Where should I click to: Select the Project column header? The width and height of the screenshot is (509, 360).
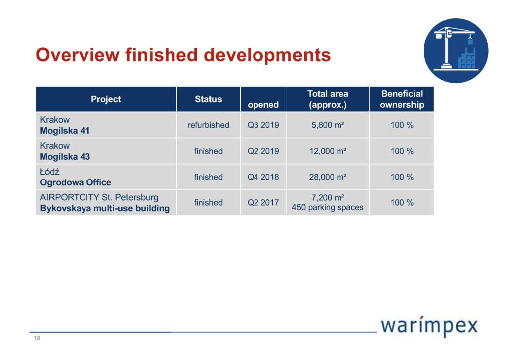click(x=106, y=99)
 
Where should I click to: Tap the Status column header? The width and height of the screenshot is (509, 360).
click(x=208, y=99)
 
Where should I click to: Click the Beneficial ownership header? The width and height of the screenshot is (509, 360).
click(x=402, y=99)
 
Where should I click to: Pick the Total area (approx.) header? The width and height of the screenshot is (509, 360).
click(x=328, y=99)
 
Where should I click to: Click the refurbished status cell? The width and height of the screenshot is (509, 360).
click(x=208, y=125)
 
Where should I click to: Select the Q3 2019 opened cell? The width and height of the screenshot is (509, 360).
click(x=263, y=125)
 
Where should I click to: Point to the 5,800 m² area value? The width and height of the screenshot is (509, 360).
click(x=328, y=125)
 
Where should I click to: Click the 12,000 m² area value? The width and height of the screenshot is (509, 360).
click(x=328, y=151)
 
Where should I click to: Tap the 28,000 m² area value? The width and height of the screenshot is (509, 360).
click(x=328, y=177)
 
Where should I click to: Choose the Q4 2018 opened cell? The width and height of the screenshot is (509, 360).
click(x=263, y=177)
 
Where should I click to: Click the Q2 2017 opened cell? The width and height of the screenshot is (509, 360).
click(x=263, y=203)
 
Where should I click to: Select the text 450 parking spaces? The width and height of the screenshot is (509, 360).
click(x=328, y=208)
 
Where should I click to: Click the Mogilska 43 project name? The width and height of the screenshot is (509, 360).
click(x=65, y=157)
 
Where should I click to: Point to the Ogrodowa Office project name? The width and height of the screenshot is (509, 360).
click(x=75, y=182)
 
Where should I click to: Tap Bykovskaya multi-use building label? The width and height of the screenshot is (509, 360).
click(x=104, y=208)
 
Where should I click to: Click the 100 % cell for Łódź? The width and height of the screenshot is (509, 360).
click(x=402, y=177)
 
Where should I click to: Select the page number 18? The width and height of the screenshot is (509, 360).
click(x=36, y=338)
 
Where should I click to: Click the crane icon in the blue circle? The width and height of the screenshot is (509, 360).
click(x=455, y=50)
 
